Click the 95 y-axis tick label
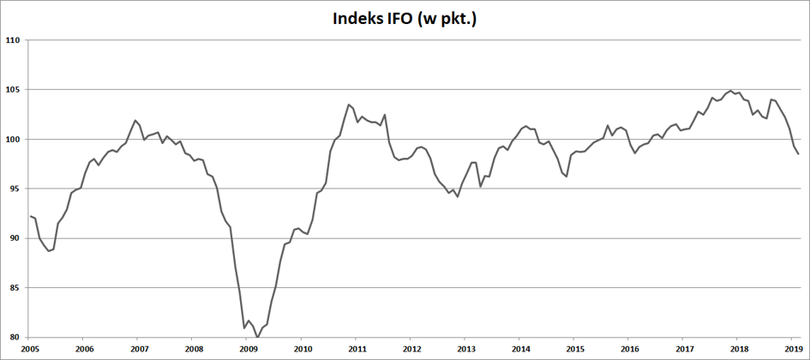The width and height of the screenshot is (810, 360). tap(15, 189)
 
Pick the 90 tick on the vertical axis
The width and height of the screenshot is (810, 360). tap(15, 238)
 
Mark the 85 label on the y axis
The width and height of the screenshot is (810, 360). tap(15, 288)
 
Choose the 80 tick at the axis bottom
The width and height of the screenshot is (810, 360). tap(15, 337)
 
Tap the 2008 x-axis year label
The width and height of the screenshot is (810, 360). tap(192, 348)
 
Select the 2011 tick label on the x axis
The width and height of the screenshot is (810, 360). tap(356, 348)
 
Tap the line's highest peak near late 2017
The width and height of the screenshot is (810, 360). tap(730, 91)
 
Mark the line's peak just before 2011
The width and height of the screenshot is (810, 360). tap(349, 105)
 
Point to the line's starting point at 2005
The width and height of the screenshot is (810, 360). tap(30, 216)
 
